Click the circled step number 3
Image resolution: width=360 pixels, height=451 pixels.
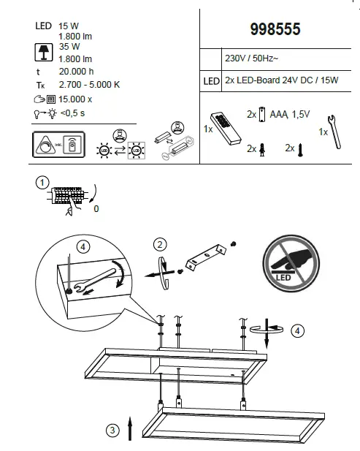[111, 431]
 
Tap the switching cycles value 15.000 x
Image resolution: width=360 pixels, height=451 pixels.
[77, 99]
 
